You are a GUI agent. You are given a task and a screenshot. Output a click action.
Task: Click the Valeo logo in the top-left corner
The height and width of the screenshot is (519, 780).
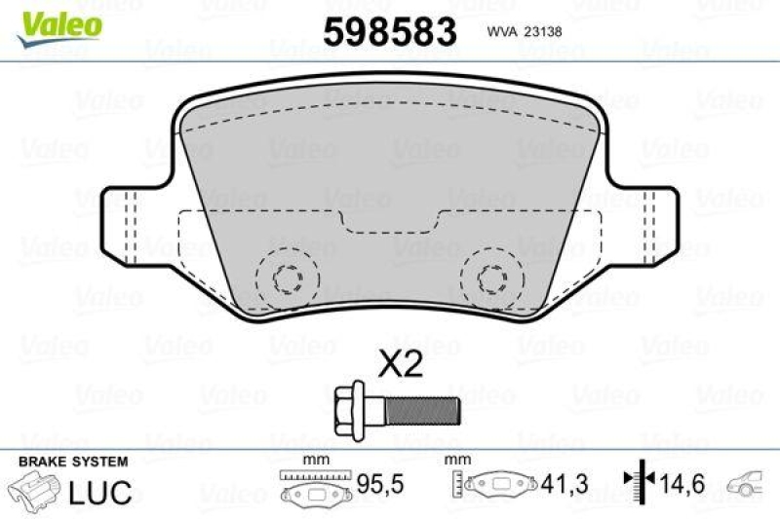coord(58,21)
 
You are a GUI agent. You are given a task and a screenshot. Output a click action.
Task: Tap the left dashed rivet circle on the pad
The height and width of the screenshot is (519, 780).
coord(287,279)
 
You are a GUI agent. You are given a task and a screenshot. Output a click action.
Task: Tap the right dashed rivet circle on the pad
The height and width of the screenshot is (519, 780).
coord(490,279)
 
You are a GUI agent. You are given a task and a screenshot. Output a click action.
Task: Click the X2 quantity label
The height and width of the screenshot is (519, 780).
coord(400,365)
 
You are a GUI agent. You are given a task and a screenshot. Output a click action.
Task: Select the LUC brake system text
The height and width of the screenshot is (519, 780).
coord(99,492)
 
